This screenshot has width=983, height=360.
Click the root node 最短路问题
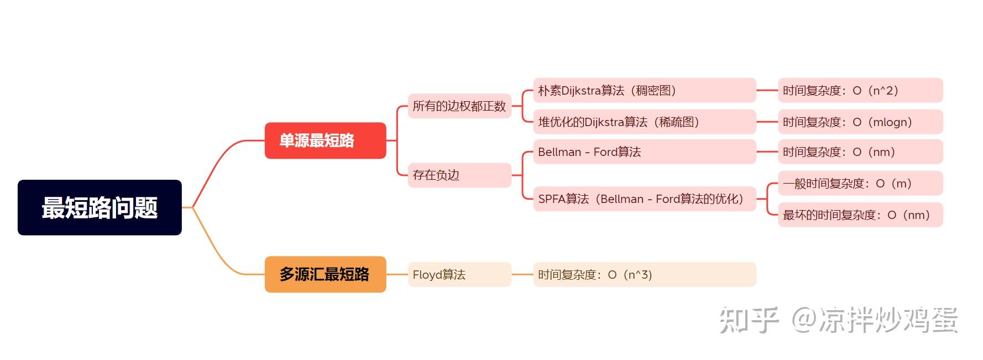tap(100, 207)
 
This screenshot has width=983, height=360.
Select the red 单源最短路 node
tap(325, 140)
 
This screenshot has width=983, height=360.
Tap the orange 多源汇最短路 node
tap(325, 274)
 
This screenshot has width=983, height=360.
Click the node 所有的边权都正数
tap(459, 106)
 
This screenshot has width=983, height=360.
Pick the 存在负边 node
tap(459, 175)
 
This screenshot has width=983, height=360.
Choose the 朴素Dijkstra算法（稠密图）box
tap(644, 90)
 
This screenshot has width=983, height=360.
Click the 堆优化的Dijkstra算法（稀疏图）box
tap(644, 122)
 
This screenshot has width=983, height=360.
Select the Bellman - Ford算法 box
tap(644, 152)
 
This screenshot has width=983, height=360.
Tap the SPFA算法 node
tap(644, 199)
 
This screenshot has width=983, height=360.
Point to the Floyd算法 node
tap(459, 274)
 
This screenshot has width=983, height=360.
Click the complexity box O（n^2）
tap(860, 90)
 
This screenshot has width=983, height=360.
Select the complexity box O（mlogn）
tap(860, 122)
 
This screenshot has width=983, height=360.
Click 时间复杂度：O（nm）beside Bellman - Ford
tap(860, 152)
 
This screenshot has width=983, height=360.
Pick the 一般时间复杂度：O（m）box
tap(860, 183)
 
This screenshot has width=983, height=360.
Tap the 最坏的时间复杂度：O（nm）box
tap(860, 215)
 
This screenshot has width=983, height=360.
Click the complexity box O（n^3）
tap(644, 274)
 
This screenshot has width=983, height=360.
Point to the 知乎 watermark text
tap(749, 320)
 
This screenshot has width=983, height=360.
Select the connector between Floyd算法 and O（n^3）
tap(522, 274)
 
